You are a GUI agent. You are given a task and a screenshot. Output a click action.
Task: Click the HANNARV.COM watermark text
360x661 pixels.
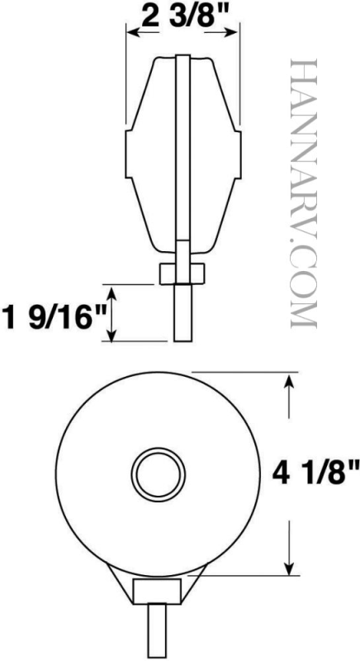tap(304, 193)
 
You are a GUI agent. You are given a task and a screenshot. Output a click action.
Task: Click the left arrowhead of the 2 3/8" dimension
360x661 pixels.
tap(134, 32)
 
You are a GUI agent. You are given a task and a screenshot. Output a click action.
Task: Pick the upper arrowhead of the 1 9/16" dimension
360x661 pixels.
tap(111, 292)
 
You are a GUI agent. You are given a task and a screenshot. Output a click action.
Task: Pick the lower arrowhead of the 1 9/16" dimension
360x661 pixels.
tap(111, 334)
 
